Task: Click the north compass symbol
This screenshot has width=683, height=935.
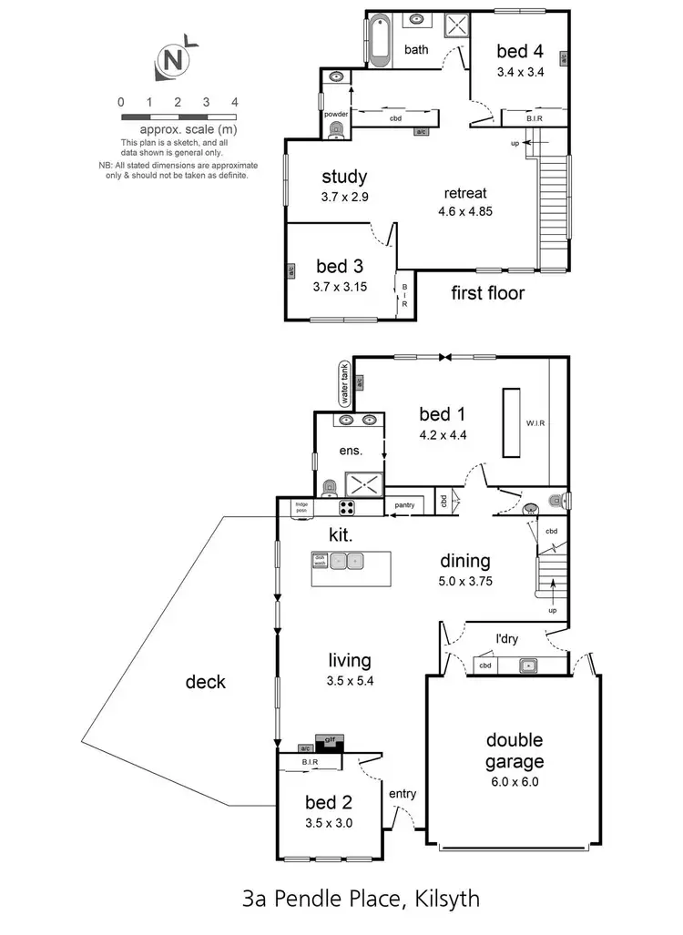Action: coord(173,61)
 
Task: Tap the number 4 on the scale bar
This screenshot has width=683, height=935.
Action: coord(235,103)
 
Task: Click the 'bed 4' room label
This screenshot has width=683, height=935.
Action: coord(520,52)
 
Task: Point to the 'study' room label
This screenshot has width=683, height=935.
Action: coord(344,177)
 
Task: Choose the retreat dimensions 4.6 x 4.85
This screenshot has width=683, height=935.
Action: coord(464,211)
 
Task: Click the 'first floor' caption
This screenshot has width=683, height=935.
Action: coord(488,294)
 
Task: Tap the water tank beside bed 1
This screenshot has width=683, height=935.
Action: coord(344,383)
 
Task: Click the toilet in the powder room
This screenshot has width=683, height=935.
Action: coord(337,131)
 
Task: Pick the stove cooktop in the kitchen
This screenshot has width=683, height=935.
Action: coord(348,508)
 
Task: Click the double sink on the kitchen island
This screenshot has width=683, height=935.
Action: coord(347,561)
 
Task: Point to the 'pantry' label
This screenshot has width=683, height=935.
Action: coord(403,504)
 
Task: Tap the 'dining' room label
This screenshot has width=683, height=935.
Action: coord(464,562)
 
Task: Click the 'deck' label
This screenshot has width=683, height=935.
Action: coord(206,681)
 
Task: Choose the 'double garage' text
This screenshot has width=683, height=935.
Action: coord(515,751)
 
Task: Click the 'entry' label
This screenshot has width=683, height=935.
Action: coord(403,794)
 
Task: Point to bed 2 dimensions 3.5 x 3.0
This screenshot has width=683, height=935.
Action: coord(329,822)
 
